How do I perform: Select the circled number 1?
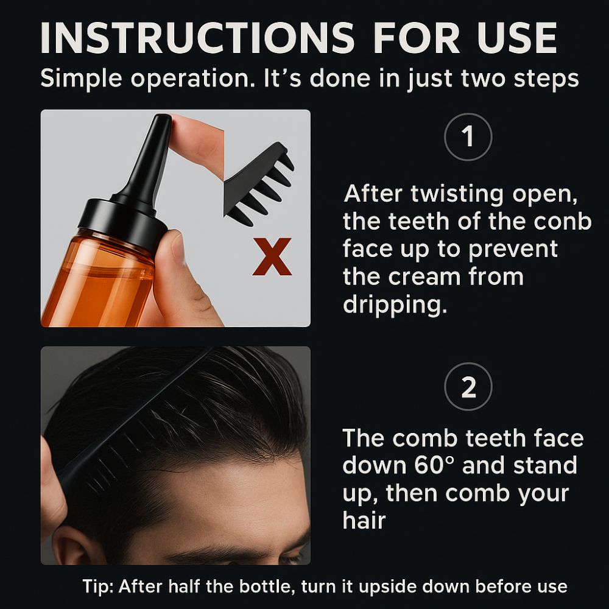click(468, 137)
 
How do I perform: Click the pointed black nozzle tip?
click(163, 122)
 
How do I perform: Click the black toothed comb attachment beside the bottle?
click(259, 183)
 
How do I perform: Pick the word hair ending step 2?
click(364, 521)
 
